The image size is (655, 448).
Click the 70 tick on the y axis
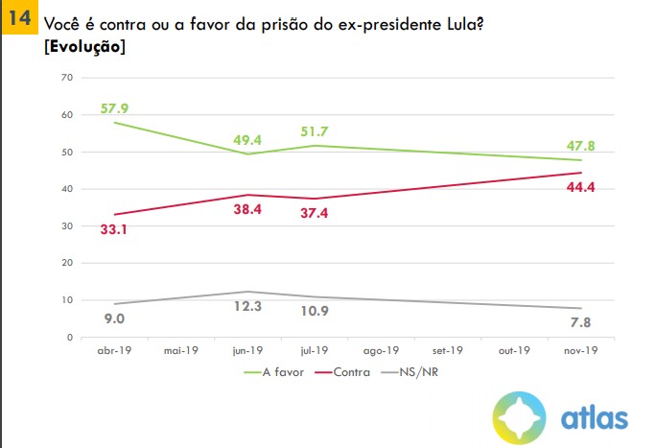[x=67, y=78]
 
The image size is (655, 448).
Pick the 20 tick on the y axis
[x=67, y=263]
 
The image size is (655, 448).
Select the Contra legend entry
[x=352, y=370]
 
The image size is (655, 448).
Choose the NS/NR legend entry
[x=419, y=370]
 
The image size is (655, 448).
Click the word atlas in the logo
[x=595, y=418]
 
